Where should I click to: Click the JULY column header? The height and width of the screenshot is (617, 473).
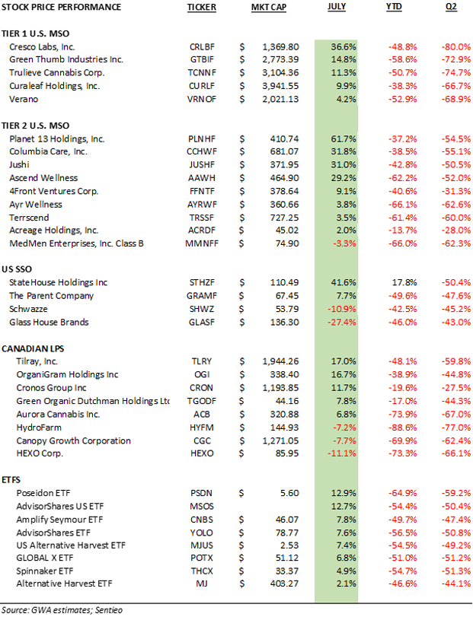coord(337,7)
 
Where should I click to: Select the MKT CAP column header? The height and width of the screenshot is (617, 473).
coord(269,7)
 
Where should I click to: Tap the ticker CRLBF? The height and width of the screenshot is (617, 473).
coord(202,47)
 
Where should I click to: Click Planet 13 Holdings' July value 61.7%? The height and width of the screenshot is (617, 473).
coord(344,139)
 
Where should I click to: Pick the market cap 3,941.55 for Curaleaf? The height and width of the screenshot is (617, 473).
coord(280,86)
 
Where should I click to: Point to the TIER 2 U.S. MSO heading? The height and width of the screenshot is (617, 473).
coord(36,126)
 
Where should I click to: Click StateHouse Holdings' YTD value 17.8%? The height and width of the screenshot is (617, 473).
coord(405,282)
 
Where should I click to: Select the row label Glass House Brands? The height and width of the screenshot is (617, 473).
coord(49,323)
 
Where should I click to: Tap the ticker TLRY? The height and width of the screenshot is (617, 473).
coord(202,361)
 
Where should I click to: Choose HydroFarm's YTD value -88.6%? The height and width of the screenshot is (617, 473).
coord(402,428)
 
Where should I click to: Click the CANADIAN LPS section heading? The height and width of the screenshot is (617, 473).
coord(33,348)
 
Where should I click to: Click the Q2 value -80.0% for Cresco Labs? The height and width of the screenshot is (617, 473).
coord(456,47)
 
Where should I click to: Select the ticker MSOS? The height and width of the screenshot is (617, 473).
coord(202,507)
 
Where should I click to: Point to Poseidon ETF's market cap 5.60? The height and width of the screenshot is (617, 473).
coord(289,493)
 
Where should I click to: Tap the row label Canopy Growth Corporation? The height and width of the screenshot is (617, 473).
coord(73,440)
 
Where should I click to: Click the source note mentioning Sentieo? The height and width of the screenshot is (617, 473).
coord(62,610)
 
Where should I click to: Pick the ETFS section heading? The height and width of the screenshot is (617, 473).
coord(11,480)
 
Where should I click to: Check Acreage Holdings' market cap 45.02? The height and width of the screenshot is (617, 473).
coord(287,231)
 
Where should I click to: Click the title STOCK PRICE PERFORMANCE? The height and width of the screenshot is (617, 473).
coord(61,7)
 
